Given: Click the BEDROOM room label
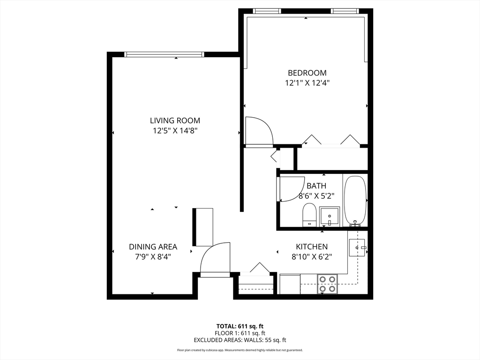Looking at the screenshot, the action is click(307, 73).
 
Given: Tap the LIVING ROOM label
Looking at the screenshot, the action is click(175, 120).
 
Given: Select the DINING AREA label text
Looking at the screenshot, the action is click(153, 247).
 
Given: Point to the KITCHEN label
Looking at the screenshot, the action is click(312, 247).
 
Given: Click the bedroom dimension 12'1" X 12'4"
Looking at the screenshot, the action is click(307, 83).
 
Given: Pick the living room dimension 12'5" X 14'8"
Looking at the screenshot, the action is click(175, 131).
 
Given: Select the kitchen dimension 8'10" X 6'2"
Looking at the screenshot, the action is click(312, 257).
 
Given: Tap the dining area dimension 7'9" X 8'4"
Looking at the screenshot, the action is click(153, 257).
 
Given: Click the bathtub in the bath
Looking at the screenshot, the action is click(355, 201).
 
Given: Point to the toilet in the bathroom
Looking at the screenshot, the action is click(309, 215).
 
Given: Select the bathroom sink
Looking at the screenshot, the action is click(330, 217).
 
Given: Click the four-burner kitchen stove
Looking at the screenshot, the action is click(328, 284).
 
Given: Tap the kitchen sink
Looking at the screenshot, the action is click(358, 247).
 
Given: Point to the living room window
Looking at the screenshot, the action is click(164, 54).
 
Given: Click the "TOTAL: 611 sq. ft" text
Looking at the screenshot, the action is click(240, 326).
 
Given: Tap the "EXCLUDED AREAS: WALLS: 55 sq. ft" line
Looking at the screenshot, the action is click(240, 340).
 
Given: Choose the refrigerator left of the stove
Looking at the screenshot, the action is click(290, 284).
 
